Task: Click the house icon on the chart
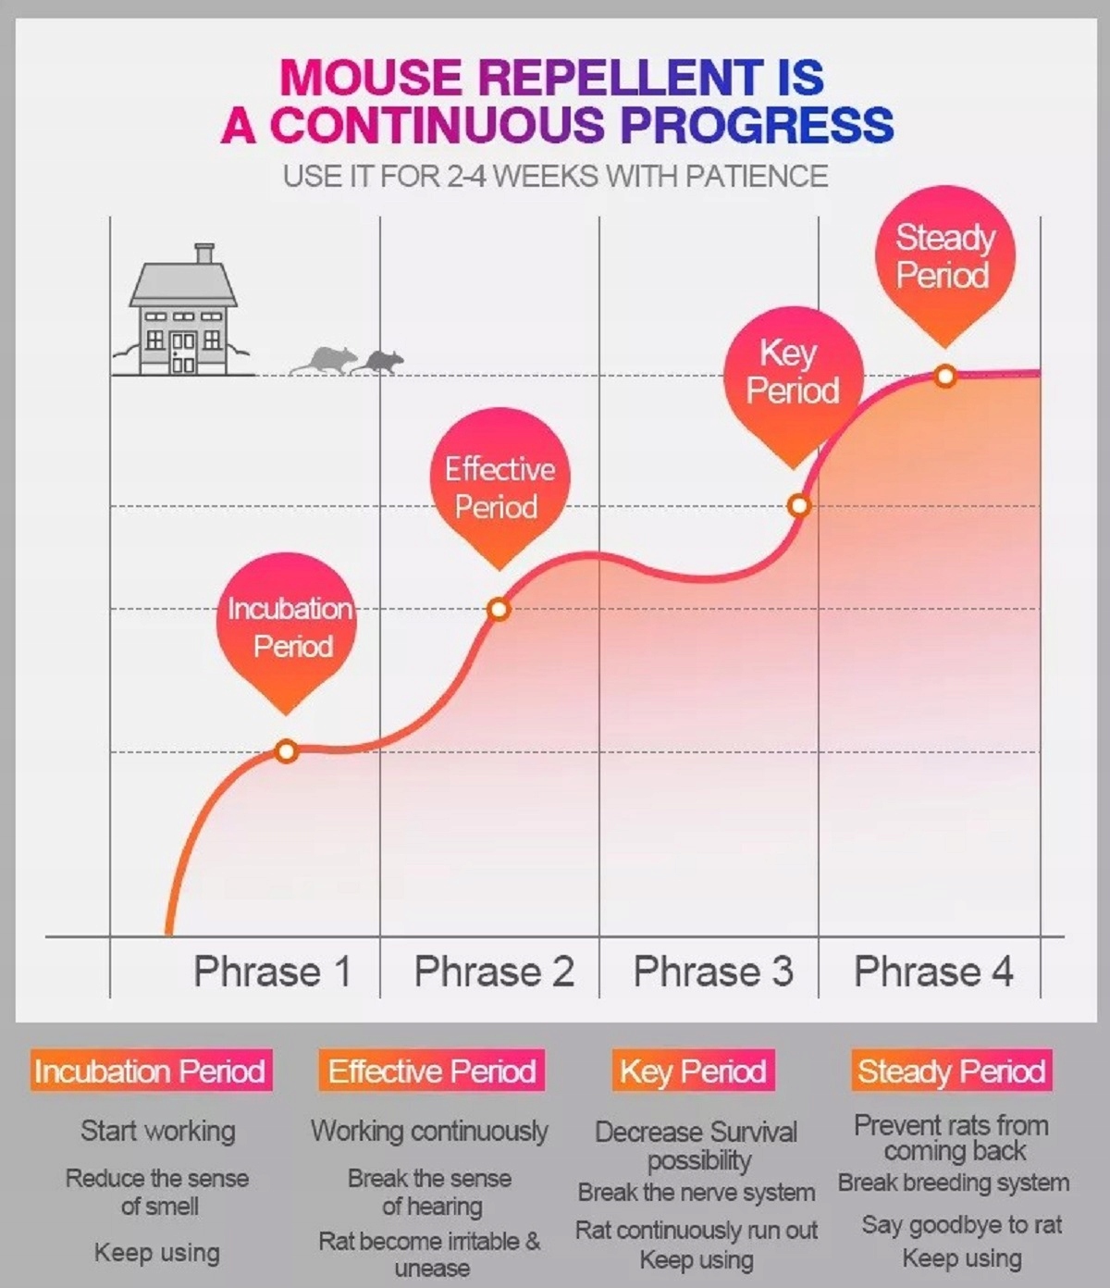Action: coord(183,310)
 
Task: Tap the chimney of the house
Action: coord(204,254)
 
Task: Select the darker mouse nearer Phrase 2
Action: coord(376,362)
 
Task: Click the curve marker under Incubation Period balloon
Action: coord(287,751)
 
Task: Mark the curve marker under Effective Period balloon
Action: coord(499,609)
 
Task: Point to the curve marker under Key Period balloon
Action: coord(799,505)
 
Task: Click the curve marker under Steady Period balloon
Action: coord(945,377)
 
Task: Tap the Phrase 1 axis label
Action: coord(273,972)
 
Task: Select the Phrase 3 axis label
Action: coord(713,972)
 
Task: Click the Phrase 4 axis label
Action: coord(933,972)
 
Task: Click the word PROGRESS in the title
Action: coord(758,124)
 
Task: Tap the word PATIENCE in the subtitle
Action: coord(757,176)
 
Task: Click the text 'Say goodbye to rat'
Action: coord(962,1225)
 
